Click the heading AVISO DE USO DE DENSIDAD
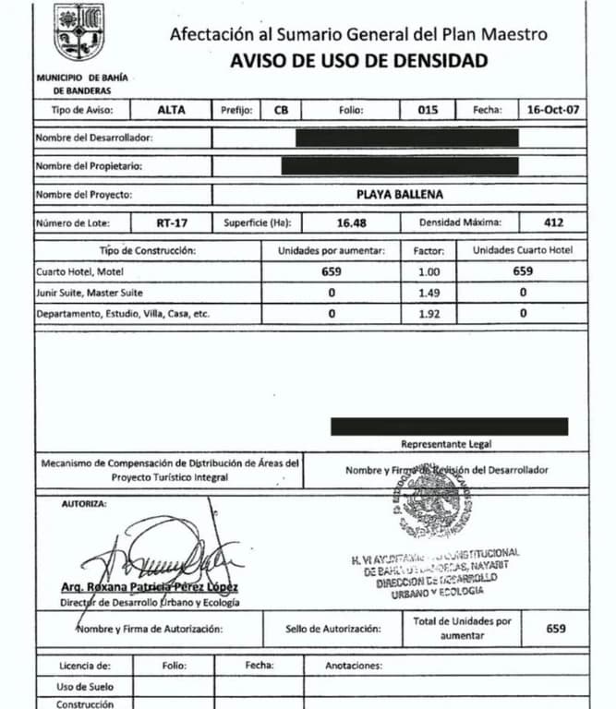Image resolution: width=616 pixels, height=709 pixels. [x=358, y=62]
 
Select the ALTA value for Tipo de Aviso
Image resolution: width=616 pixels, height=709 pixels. [x=171, y=109]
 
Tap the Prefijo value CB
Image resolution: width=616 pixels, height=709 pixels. [x=281, y=109]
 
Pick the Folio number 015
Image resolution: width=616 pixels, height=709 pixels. [x=428, y=109]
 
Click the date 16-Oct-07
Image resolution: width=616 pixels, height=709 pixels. [x=552, y=109]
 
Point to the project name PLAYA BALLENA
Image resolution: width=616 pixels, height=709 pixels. [x=399, y=195]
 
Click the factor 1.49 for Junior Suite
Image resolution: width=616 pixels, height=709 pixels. [x=429, y=292]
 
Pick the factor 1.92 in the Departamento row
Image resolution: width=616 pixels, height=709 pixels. [x=429, y=313]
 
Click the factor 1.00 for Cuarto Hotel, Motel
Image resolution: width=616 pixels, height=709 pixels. [x=429, y=271]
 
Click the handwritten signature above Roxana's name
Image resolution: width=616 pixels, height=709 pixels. [x=157, y=554]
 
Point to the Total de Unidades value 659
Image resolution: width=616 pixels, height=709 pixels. [x=555, y=630]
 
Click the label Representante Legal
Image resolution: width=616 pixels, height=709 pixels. [x=448, y=444]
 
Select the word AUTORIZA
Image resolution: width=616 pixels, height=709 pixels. [x=84, y=504]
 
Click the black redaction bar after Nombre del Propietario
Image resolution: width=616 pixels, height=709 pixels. [x=400, y=167]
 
